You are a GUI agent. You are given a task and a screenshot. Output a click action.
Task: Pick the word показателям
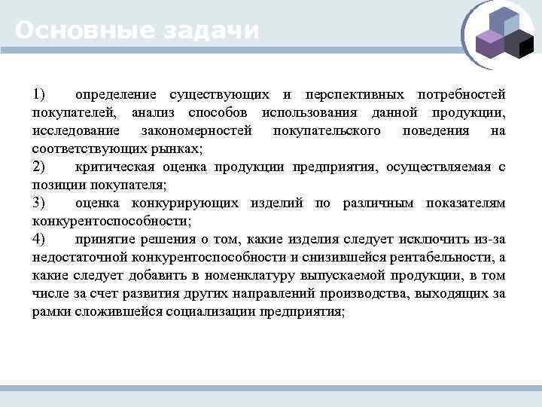(465, 203)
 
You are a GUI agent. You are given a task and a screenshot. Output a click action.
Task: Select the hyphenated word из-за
(489, 239)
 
